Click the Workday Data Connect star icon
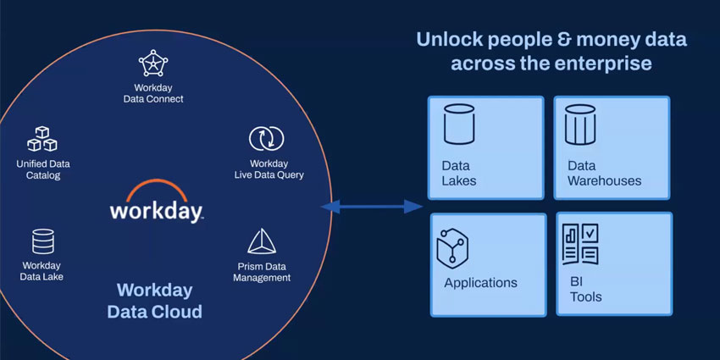pos(153,64)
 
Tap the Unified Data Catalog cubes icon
pos(42,138)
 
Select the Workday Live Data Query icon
pos(266,139)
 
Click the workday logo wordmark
pos(156,209)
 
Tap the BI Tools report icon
pos(580,244)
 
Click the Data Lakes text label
pos(459,173)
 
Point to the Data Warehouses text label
pos(604,173)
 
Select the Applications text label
pos(480,283)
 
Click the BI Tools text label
pos(586,289)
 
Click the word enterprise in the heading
pos(606,64)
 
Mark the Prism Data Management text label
pos(263,272)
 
